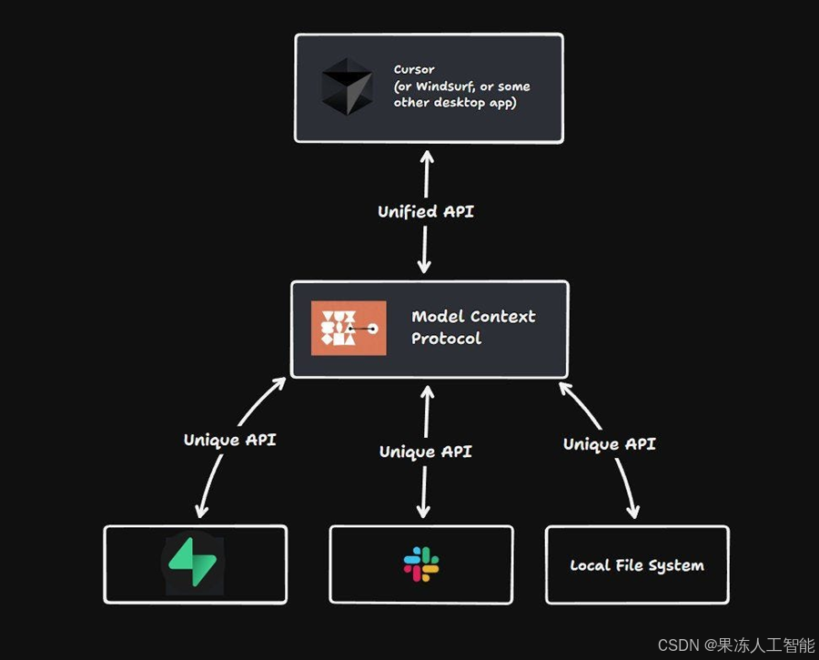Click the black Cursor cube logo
(x=347, y=87)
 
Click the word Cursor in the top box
(x=414, y=69)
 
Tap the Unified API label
(x=426, y=211)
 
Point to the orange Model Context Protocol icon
(x=349, y=328)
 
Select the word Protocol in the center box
(x=446, y=339)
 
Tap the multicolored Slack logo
(x=421, y=564)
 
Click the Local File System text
(x=637, y=565)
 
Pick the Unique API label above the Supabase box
(x=229, y=440)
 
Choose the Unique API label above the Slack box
(x=425, y=452)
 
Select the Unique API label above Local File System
(x=609, y=444)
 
